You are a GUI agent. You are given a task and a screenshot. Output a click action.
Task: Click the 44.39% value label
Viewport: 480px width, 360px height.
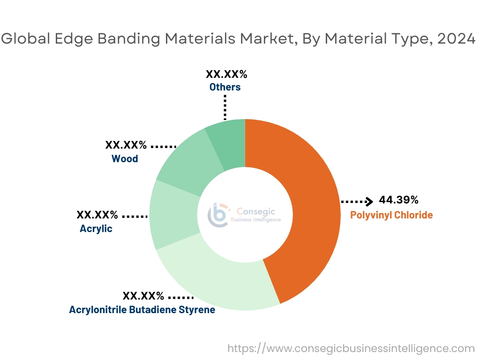(398, 200)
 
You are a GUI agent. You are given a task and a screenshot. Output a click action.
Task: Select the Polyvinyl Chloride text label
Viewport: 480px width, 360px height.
(391, 215)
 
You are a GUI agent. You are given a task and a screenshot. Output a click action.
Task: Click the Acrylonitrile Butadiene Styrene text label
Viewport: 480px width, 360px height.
(142, 310)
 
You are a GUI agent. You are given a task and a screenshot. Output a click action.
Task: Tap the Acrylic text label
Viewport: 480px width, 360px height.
(96, 229)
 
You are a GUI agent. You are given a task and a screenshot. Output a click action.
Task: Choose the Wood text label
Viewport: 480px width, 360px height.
(125, 159)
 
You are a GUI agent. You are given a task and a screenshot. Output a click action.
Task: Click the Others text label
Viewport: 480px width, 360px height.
(225, 87)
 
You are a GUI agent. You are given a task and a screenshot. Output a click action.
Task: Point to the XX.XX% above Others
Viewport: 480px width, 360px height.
(226, 74)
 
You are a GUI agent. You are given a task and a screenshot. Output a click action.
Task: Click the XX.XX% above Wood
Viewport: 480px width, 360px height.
(126, 145)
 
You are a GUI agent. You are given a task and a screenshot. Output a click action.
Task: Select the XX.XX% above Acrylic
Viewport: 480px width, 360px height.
(97, 215)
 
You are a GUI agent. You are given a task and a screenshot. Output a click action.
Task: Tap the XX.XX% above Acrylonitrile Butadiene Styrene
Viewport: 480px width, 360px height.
(143, 296)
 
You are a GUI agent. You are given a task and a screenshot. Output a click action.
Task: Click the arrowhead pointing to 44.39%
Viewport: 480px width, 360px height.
(370, 202)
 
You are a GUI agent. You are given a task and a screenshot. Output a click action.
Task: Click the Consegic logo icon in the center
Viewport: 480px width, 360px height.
(218, 215)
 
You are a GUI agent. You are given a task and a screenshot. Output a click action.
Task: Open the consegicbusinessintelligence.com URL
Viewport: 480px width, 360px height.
(351, 348)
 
